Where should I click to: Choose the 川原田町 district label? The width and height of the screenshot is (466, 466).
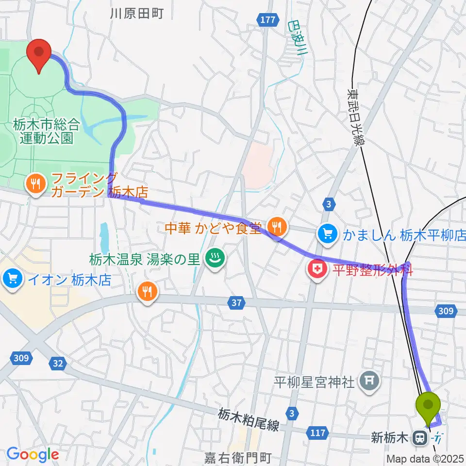[x=136, y=14]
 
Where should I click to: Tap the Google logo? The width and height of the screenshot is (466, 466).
[x=33, y=454]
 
